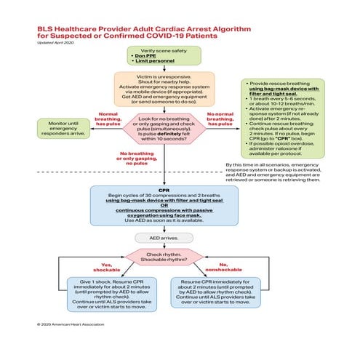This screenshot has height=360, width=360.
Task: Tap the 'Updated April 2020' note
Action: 56,42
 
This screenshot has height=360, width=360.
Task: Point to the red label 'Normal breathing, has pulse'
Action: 107,119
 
